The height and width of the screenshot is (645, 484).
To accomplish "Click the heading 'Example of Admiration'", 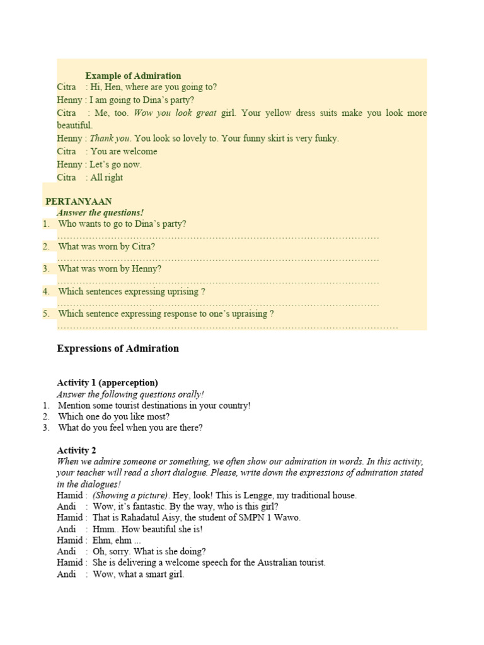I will coord(133,76).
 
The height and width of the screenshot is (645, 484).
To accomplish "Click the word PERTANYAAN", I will coord(79,202).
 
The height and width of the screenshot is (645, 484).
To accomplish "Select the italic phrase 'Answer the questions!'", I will coord(100,213).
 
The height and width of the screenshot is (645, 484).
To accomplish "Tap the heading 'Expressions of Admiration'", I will coord(118,348).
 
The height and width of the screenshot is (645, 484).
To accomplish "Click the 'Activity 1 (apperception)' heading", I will coord(107,382).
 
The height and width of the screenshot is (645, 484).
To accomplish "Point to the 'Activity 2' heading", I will coord(76,450).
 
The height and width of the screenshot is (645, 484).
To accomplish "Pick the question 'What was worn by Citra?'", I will coord(107,247).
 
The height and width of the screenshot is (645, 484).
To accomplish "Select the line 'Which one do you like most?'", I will coord(113,416).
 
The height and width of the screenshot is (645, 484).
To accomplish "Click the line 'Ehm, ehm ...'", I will coord(117,540).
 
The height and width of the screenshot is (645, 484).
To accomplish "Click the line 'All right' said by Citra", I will coord(107,178).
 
